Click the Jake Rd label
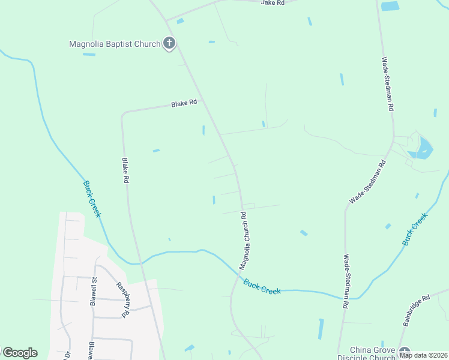click(271, 3)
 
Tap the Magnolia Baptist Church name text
click(115, 44)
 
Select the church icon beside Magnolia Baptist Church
click(169, 43)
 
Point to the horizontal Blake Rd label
click(184, 104)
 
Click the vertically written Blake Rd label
click(125, 170)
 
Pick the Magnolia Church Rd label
click(244, 240)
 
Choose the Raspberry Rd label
click(122, 299)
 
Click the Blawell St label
click(94, 292)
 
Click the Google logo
click(20, 353)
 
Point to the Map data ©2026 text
click(423, 355)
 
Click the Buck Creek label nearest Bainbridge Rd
click(415, 229)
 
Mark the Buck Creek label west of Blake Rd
click(92, 199)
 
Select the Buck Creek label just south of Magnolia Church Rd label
click(262, 286)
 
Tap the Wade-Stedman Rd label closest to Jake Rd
click(389, 84)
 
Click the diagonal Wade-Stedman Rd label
click(367, 181)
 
